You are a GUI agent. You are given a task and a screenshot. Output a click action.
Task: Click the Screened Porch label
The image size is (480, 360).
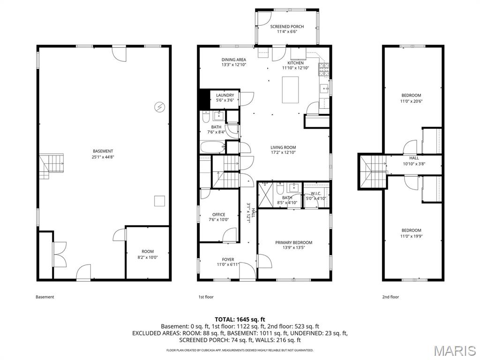(287, 27)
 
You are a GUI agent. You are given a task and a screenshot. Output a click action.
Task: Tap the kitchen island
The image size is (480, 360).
(290, 89)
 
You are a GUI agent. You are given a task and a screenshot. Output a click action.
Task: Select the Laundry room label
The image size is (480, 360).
(225, 95)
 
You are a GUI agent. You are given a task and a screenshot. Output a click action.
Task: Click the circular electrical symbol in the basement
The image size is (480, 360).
(159, 107)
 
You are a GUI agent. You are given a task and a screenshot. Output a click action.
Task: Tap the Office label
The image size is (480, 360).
(218, 215)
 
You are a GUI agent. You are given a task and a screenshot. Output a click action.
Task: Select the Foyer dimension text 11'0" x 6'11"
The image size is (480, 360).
(228, 265)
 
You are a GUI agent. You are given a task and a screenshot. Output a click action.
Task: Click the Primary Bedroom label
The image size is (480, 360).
(293, 242)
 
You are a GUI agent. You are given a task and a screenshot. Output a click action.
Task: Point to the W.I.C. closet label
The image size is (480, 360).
(315, 194)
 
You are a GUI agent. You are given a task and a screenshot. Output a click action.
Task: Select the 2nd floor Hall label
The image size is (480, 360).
(414, 158)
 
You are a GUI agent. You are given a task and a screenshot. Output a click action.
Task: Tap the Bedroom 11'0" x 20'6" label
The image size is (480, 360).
(411, 96)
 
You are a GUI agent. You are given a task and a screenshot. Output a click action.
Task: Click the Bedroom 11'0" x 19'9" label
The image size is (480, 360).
(411, 230)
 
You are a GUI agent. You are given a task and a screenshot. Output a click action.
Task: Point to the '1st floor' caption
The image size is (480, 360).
(205, 297)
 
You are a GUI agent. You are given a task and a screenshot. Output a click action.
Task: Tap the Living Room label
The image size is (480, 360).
(283, 147)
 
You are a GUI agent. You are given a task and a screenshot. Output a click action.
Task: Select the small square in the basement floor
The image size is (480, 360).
(160, 201)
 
